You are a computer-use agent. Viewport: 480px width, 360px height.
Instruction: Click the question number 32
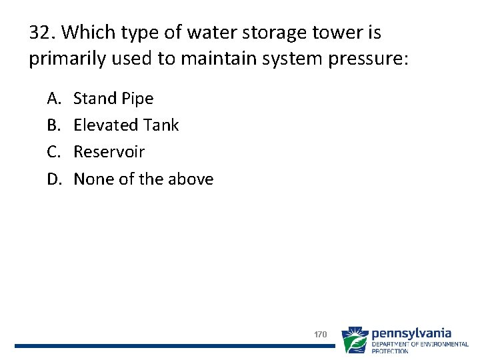[41, 32]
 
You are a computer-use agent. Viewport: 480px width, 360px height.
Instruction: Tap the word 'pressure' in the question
[371, 59]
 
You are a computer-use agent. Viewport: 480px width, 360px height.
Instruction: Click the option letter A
[53, 99]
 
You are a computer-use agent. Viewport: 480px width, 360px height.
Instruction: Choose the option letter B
[53, 125]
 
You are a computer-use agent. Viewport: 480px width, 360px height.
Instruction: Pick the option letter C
[53, 152]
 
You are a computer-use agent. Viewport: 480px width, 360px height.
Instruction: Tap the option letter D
[53, 179]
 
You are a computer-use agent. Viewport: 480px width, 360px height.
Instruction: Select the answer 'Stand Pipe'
[113, 99]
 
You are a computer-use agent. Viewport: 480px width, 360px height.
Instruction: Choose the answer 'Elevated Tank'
[126, 125]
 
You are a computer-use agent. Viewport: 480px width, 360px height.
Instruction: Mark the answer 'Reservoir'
[109, 152]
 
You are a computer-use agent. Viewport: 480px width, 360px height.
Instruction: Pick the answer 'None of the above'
[143, 179]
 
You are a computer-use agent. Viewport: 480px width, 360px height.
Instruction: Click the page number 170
[320, 334]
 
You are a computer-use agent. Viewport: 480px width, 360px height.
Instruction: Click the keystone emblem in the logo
[354, 340]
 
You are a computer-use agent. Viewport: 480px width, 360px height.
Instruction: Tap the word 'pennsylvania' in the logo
[411, 333]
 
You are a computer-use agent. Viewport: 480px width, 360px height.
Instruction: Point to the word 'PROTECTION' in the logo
[390, 351]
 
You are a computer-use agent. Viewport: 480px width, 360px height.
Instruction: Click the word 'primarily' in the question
[61, 59]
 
